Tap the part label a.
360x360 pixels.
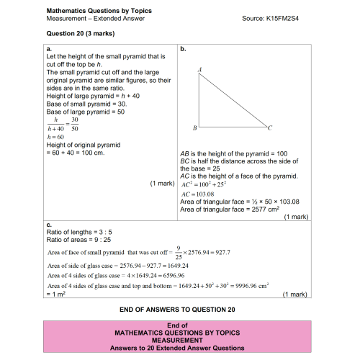click(49, 49)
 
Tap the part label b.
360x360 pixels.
click(183, 49)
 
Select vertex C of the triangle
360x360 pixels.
click(269, 127)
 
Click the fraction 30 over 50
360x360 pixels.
click(74, 124)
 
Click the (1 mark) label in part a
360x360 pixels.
click(162, 184)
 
